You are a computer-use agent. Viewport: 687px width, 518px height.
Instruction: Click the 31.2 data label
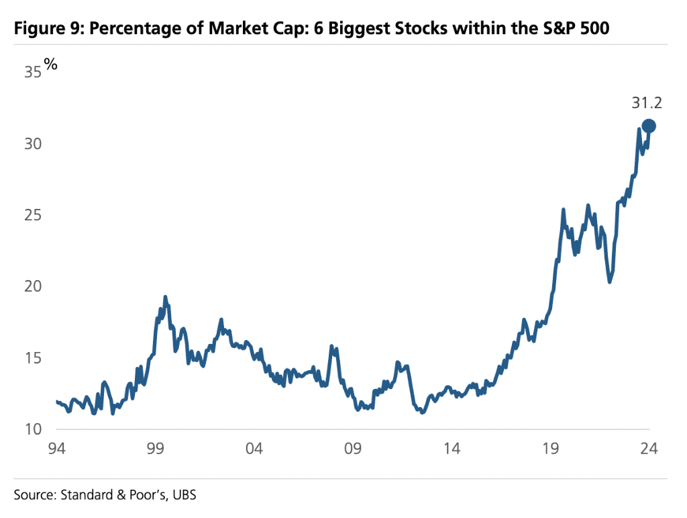647,103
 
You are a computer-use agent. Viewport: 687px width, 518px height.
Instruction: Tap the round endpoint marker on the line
649,126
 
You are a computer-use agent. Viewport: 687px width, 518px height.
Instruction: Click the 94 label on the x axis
56,449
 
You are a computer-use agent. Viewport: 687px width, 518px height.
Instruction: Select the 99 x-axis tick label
155,449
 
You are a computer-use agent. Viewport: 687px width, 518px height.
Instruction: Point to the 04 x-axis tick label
254,449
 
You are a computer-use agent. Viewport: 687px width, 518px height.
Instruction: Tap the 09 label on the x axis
353,449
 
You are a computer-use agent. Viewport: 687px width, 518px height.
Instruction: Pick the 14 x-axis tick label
452,449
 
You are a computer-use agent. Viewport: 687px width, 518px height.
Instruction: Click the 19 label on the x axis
551,449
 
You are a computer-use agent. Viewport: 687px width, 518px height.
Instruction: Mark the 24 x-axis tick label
649,449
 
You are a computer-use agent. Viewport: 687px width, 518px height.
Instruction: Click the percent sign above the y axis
51,64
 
